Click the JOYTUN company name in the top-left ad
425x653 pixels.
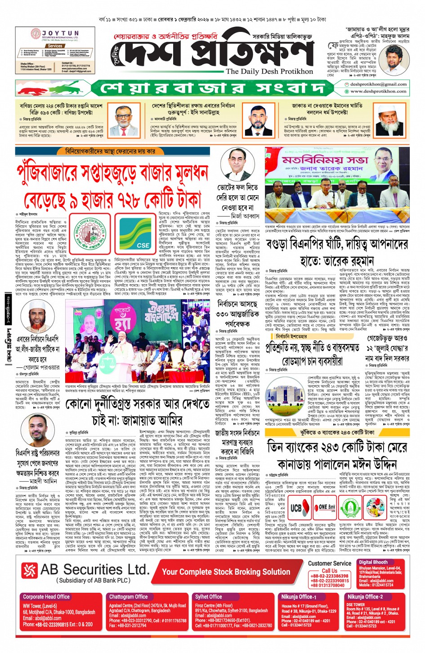coord(60,33)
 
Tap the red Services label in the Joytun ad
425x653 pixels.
coord(55,46)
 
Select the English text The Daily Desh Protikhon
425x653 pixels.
coord(269,72)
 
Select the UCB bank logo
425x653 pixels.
coord(295,508)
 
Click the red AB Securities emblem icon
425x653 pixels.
coord(30,570)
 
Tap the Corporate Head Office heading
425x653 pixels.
coord(46,597)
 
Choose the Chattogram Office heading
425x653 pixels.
coord(128,597)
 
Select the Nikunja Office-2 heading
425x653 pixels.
coord(365,597)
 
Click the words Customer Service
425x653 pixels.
coord(330,563)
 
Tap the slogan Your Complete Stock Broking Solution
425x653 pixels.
coord(226,572)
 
